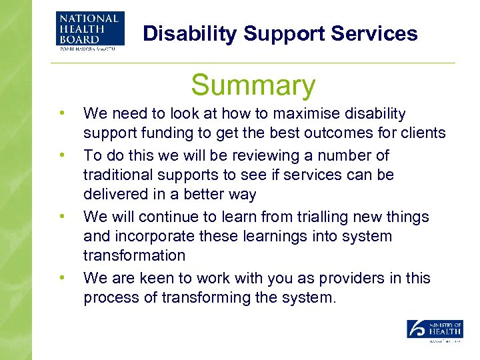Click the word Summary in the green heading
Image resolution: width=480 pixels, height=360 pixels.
(x=253, y=86)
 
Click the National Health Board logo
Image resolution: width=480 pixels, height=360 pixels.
(x=90, y=30)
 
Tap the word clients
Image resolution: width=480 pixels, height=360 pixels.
(x=421, y=133)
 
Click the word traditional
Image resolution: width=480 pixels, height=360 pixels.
(x=117, y=175)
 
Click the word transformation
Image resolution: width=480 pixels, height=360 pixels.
(x=134, y=255)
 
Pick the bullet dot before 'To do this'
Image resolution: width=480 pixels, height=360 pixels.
(x=61, y=155)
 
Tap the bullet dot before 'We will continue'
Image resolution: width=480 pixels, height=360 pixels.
(x=61, y=217)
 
